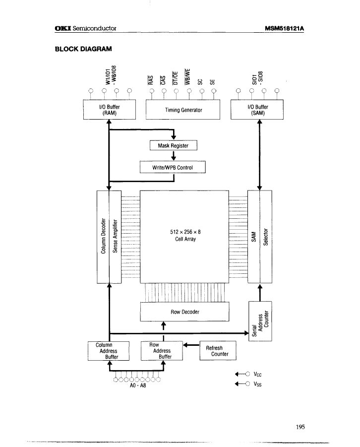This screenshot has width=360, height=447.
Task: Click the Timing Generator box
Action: [183, 110]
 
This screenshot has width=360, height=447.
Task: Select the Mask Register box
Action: [174, 145]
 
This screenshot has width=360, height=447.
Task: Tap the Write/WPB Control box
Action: [173, 167]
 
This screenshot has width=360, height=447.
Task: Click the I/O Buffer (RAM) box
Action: [109, 110]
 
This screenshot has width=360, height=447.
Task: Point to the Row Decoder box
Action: [185, 312]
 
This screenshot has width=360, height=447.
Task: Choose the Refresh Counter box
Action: [217, 351]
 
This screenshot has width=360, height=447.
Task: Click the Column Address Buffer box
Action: [109, 350]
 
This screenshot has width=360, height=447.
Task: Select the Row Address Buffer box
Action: [162, 350]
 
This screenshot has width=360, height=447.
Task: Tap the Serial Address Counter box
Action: [260, 320]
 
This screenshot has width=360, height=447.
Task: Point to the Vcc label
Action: [257, 375]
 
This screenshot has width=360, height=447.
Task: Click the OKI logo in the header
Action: [62, 29]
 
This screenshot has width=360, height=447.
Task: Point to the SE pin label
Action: [212, 83]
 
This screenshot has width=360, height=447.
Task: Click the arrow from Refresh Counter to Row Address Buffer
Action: [191, 345]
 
